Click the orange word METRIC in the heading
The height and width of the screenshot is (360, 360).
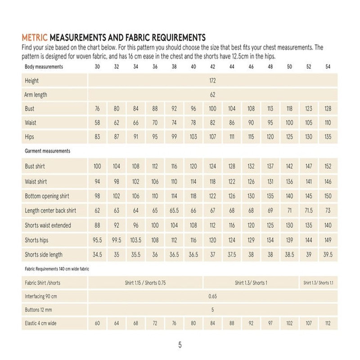(35, 37)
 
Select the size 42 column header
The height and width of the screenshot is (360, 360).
(212, 67)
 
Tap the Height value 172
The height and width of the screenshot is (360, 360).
(212, 81)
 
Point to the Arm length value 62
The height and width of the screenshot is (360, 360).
(212, 95)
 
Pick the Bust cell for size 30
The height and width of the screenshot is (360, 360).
(97, 109)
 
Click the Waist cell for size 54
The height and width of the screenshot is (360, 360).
(328, 123)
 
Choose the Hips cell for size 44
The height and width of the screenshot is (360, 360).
(232, 137)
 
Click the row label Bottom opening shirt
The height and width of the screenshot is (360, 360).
(47, 196)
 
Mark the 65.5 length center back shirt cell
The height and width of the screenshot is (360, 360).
(174, 211)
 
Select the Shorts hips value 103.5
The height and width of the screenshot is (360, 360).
(135, 240)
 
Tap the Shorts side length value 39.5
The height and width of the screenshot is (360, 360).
(328, 255)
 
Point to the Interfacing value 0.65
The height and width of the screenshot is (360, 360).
(212, 297)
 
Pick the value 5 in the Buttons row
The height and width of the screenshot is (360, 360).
(212, 310)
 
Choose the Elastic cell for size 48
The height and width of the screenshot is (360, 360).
(270, 323)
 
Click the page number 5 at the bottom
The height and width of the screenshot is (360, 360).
(180, 345)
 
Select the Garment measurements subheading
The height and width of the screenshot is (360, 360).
(47, 151)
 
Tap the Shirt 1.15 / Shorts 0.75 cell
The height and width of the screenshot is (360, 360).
(145, 283)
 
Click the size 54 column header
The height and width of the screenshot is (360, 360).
(328, 67)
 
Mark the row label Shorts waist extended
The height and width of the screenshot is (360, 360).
(48, 225)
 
